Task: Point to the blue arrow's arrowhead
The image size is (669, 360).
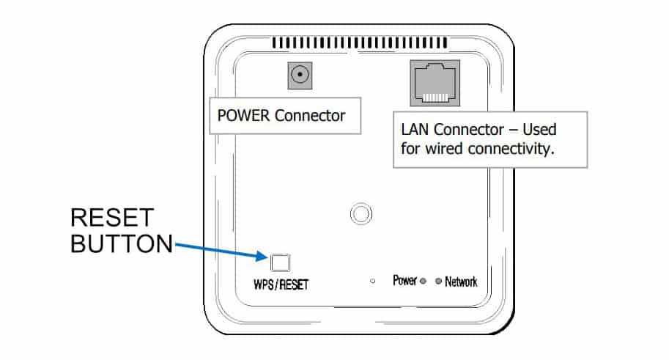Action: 265,257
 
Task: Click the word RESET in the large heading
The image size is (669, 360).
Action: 112,218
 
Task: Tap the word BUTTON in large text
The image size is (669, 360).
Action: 122,243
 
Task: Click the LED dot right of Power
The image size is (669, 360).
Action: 424,282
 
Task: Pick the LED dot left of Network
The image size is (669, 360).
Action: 438,282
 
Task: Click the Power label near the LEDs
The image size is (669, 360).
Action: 404,281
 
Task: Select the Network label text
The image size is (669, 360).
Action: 461,282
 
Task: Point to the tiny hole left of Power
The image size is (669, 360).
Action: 373,282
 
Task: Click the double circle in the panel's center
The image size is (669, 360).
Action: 359,213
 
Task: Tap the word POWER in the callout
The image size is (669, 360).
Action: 243,116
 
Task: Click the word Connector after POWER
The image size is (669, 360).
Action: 308,116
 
